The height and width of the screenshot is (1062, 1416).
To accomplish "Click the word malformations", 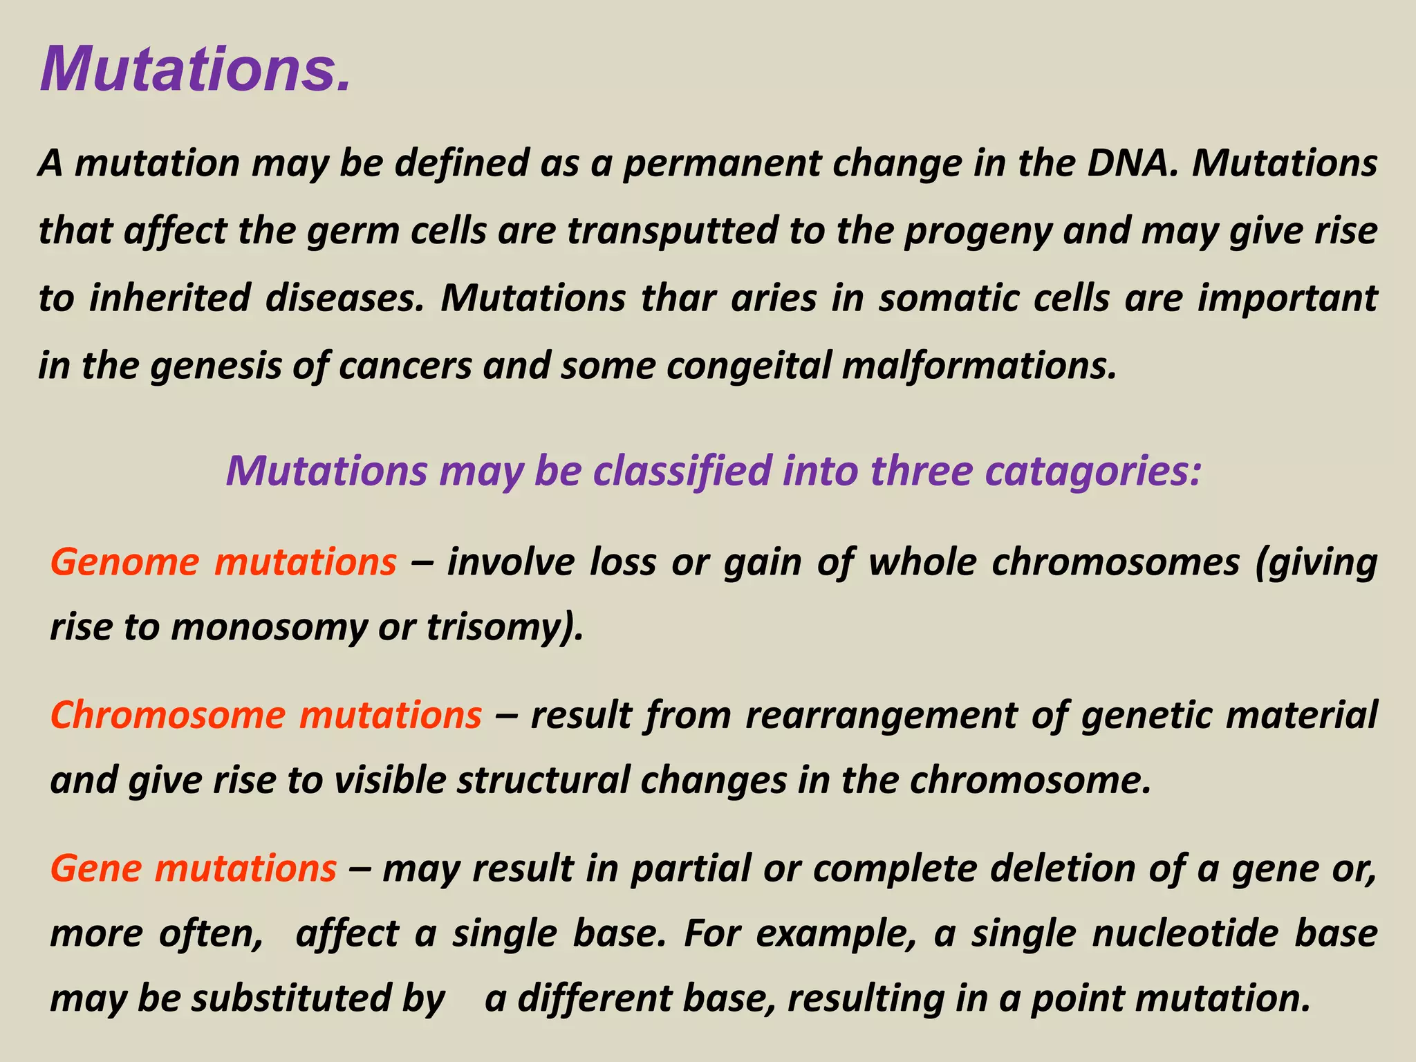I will point(979,365).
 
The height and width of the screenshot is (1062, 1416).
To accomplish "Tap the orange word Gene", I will point(96,868).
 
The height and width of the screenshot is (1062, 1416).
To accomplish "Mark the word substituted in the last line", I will point(291,998).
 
